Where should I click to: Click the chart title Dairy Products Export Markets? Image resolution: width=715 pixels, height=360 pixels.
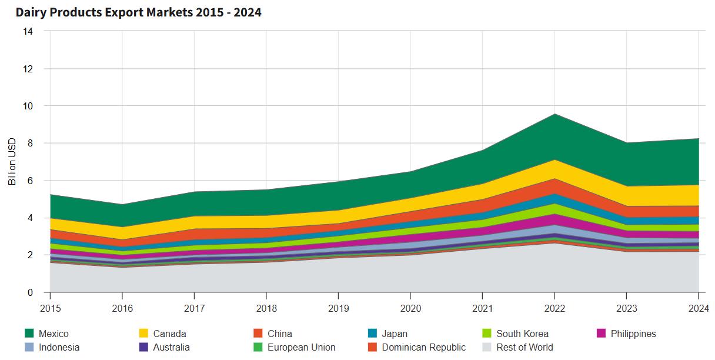[138, 12]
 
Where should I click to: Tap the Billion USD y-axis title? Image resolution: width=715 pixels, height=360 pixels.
[12, 161]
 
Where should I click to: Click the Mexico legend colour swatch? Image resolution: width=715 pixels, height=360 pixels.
[29, 334]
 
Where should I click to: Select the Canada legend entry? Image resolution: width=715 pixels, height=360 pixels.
[169, 334]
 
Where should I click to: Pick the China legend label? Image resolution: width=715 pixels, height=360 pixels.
[279, 334]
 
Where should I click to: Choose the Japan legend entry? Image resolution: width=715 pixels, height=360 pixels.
[394, 334]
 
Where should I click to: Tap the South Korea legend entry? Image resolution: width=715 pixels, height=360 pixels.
[522, 334]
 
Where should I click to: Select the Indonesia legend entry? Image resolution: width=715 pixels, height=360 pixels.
[59, 347]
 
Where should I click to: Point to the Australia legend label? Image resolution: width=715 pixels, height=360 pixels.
[171, 347]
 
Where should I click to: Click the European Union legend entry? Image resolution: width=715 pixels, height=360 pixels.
[301, 347]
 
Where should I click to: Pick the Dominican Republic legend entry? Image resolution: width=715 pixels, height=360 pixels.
[423, 347]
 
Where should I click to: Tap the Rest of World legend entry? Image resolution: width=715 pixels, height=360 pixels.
[524, 347]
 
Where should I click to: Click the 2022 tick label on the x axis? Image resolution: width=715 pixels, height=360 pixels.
[554, 308]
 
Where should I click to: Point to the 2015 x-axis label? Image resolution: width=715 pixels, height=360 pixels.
[50, 308]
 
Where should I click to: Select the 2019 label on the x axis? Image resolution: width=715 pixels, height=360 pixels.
[338, 308]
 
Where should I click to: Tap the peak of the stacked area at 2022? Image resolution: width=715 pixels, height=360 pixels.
[554, 114]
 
